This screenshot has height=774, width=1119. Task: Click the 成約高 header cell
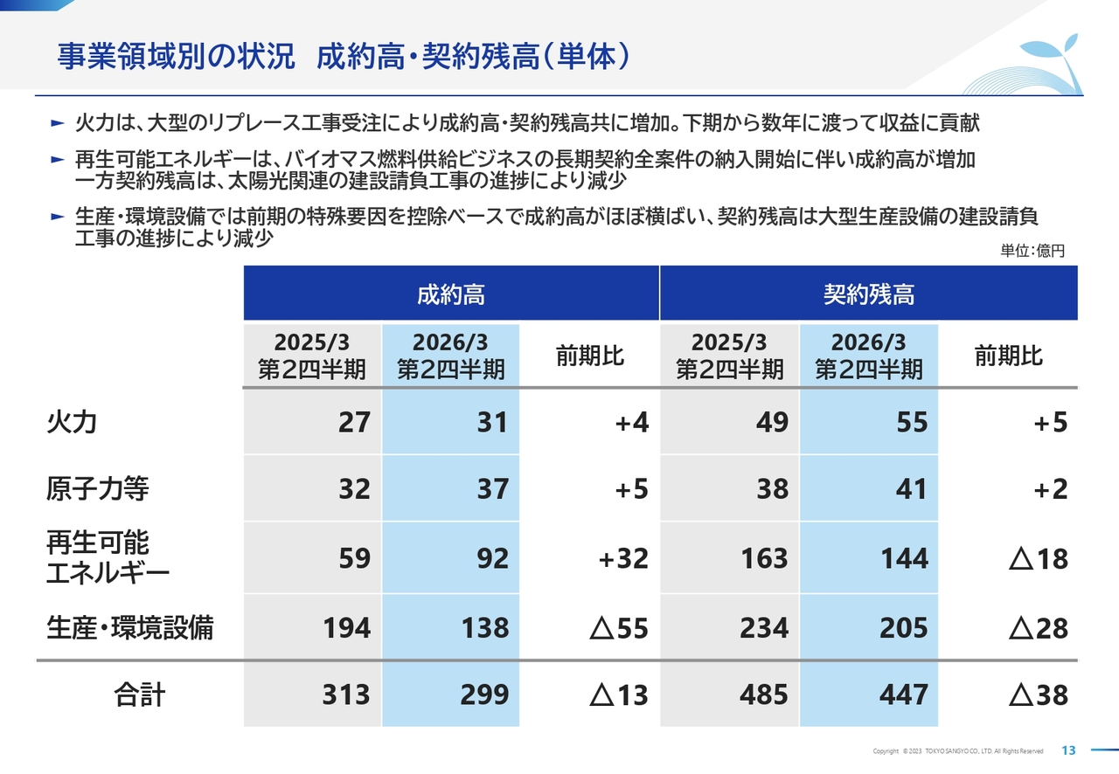click(450, 294)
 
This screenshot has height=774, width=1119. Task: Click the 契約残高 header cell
click(868, 294)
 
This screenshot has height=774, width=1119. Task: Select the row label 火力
click(72, 423)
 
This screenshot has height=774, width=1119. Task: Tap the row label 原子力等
click(97, 488)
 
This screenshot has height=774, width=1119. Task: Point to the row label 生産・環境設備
click(129, 627)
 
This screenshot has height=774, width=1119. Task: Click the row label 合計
click(140, 695)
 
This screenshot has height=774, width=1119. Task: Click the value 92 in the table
click(492, 558)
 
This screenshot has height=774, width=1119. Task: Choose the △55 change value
click(619, 627)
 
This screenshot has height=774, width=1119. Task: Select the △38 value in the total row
click(1039, 695)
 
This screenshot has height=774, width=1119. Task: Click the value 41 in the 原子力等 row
click(911, 488)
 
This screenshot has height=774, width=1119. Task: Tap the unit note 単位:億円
click(1032, 251)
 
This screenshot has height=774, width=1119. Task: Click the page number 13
click(1068, 750)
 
